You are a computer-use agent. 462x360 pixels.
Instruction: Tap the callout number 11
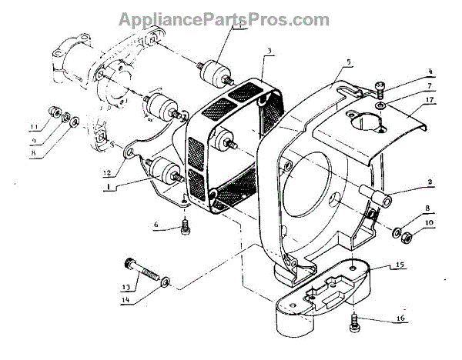[33, 126]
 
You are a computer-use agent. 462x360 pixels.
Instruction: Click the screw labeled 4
[380, 86]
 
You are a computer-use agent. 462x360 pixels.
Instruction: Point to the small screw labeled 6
[184, 226]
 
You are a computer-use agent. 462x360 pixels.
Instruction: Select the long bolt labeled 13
[142, 272]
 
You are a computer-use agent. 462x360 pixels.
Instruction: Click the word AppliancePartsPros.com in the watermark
[230, 18]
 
